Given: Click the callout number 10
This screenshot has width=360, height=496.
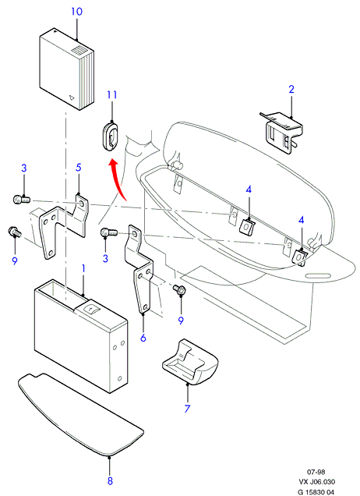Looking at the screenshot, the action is (x=76, y=12).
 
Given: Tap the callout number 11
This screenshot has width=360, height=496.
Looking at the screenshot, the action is (x=112, y=95).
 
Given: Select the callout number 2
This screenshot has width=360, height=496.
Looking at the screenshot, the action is (x=291, y=89).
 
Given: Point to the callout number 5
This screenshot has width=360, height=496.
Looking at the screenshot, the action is (x=79, y=168).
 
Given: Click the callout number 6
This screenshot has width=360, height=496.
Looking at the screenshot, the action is (x=143, y=338).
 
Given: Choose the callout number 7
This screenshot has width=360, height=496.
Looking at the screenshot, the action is (x=187, y=409).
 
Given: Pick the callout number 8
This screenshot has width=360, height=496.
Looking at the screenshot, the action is (x=110, y=481).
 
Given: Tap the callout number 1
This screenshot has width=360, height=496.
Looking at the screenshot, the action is (x=83, y=269).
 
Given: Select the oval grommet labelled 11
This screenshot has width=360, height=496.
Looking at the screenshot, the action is (x=110, y=136).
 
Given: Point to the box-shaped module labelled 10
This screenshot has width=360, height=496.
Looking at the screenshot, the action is (x=66, y=69).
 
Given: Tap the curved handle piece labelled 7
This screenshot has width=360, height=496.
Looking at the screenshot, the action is (x=190, y=362).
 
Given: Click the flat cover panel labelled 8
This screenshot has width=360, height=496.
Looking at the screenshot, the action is (x=80, y=415).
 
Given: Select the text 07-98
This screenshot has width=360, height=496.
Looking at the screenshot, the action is (x=316, y=472).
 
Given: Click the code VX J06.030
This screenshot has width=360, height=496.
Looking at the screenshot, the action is (x=317, y=482).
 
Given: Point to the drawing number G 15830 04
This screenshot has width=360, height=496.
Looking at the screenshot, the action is (x=316, y=492).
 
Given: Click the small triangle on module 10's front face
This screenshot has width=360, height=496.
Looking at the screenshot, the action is (x=72, y=97).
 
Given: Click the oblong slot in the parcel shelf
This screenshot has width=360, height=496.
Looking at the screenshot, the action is (x=319, y=277).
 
